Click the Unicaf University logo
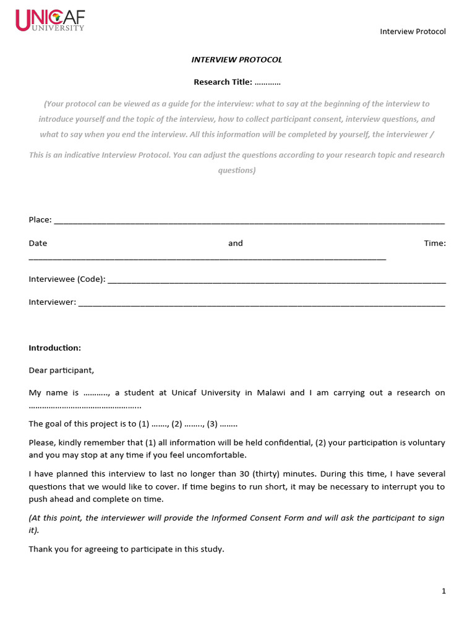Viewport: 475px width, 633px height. click(49, 20)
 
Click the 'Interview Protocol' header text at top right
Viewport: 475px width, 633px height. click(413, 32)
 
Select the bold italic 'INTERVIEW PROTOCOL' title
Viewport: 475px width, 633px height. click(237, 60)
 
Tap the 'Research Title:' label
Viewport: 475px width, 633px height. click(223, 82)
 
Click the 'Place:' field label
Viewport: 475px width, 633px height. click(40, 220)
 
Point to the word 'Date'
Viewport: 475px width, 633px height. click(38, 244)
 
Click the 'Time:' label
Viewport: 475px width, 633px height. click(435, 244)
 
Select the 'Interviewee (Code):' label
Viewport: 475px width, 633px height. click(67, 279)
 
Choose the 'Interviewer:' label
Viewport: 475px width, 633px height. click(53, 302)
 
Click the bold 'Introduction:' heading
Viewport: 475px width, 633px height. click(54, 348)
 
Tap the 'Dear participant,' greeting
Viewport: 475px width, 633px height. click(61, 370)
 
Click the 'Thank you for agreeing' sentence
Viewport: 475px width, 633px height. click(126, 549)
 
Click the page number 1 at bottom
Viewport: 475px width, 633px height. click(443, 592)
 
